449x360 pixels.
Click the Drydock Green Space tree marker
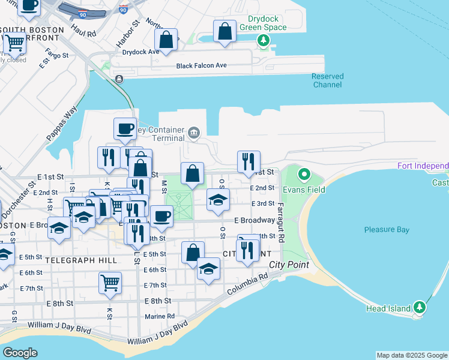click(263, 41)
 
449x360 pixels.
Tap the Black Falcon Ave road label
click(201, 65)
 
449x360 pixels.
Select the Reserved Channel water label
click(328, 80)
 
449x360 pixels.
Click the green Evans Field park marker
click(304, 175)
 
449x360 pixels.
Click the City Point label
click(289, 265)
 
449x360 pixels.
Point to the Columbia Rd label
click(247, 285)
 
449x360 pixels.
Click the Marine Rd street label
click(160, 316)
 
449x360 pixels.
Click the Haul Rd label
click(83, 31)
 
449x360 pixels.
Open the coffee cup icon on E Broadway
click(161, 215)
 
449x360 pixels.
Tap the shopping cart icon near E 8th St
click(110, 282)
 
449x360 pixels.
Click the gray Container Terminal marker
click(194, 132)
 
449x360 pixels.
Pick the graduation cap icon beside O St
click(218, 199)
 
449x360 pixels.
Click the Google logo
click(20, 353)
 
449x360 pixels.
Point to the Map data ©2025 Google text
click(411, 355)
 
